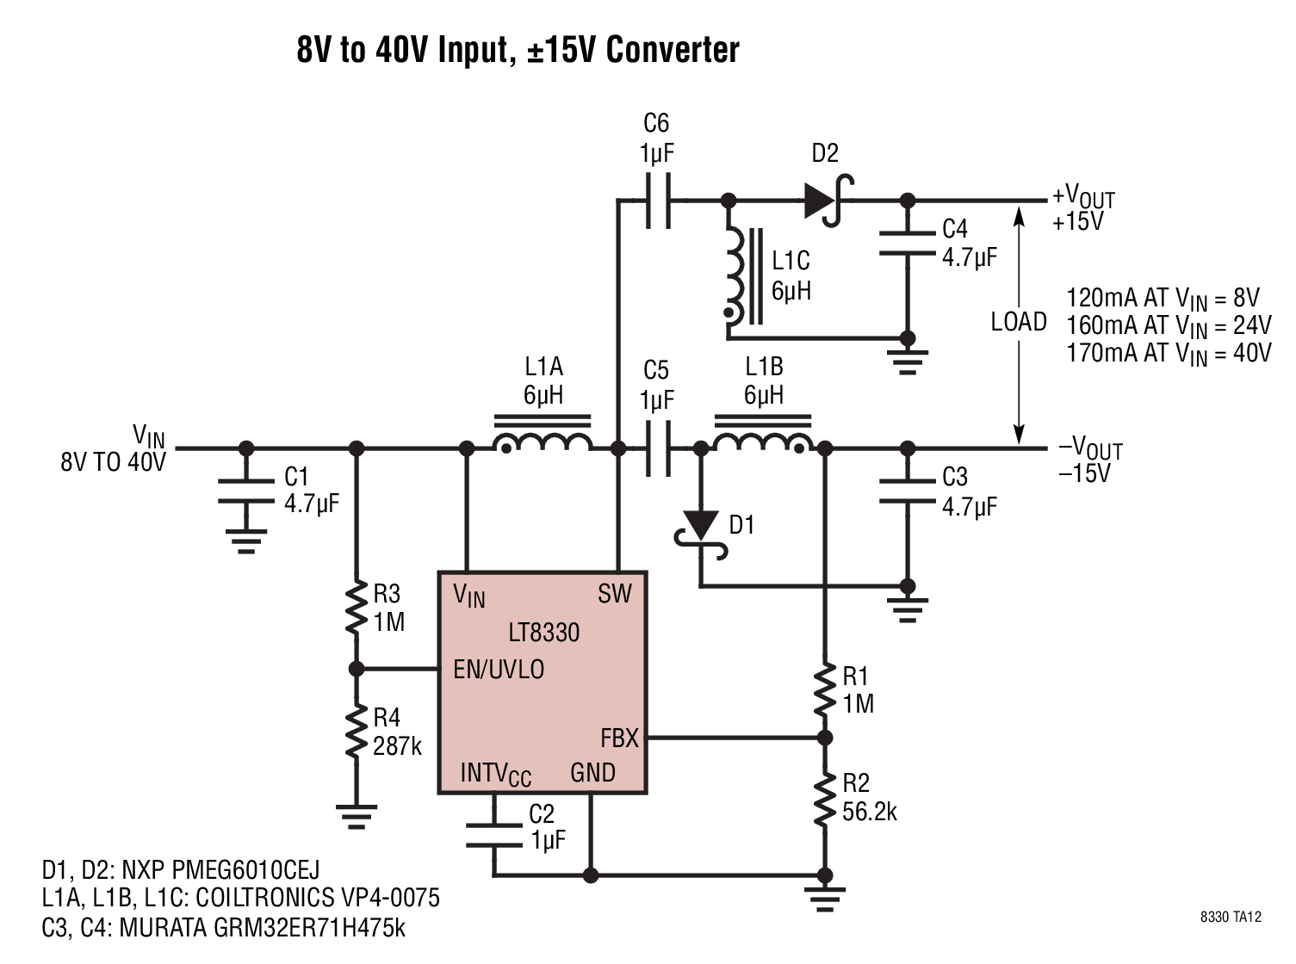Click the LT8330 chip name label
543,633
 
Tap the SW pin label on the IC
615,594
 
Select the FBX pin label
619,738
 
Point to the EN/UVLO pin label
499,670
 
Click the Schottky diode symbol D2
828,201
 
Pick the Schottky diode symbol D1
701,535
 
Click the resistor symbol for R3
356,609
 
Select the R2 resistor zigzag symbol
824,800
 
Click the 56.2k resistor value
870,813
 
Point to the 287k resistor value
397,746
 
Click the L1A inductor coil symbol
543,435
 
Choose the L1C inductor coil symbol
744,275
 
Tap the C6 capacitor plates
659,201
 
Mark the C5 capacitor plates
659,448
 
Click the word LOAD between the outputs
1019,322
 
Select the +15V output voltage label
1077,221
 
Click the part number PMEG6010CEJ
245,870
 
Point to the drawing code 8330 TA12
1231,918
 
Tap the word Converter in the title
673,50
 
